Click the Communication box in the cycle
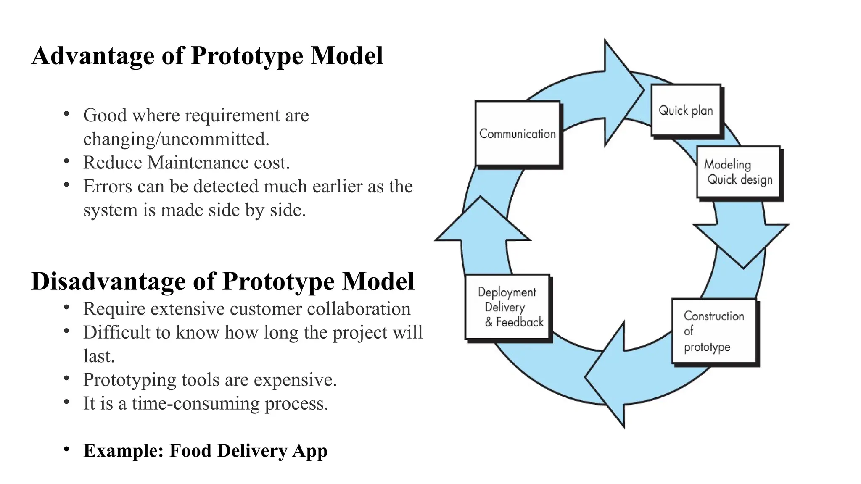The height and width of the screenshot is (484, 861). pos(518,133)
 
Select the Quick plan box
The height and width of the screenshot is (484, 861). pos(686,110)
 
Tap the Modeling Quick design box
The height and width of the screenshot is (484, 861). pos(738,172)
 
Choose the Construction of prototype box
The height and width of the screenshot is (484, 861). pos(714,331)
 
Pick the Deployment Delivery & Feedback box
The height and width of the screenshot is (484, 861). pos(507,307)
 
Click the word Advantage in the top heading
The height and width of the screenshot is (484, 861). pos(93,56)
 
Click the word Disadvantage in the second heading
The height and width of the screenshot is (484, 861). pos(108,281)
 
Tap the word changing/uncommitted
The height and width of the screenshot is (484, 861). pos(176,139)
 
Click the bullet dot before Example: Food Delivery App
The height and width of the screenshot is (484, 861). pos(66,450)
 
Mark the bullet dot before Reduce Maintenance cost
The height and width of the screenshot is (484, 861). pos(66,161)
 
